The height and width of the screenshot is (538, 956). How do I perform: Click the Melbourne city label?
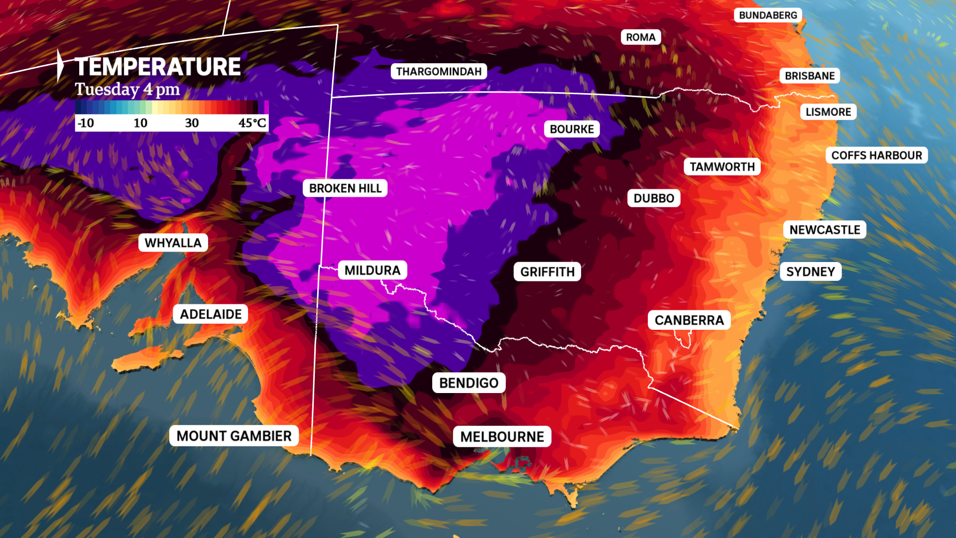click(502, 436)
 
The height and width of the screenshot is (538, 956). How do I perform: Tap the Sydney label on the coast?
click(810, 271)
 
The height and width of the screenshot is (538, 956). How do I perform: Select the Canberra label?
click(689, 320)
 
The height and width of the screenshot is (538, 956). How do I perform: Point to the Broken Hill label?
click(345, 188)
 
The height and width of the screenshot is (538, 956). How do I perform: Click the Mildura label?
click(372, 270)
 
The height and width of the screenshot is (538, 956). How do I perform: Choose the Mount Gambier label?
click(234, 436)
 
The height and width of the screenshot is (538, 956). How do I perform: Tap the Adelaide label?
click(211, 314)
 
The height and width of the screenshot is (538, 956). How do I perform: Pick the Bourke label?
click(572, 129)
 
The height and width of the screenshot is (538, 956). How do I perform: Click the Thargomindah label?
click(439, 71)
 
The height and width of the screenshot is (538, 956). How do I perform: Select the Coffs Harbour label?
click(876, 155)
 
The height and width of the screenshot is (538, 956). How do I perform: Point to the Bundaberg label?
click(768, 15)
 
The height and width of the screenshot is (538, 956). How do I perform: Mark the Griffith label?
click(547, 271)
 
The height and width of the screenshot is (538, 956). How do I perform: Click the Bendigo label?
click(469, 383)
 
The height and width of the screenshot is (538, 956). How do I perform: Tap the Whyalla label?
click(173, 243)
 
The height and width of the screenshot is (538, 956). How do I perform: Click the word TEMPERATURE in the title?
click(157, 67)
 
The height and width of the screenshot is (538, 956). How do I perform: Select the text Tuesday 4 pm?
click(127, 90)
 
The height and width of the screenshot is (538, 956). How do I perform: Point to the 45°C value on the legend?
click(252, 123)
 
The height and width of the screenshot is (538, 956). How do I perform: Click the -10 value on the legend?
click(86, 123)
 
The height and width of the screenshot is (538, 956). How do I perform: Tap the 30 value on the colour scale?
click(192, 123)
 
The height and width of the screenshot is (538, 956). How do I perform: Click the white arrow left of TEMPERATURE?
click(60, 65)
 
